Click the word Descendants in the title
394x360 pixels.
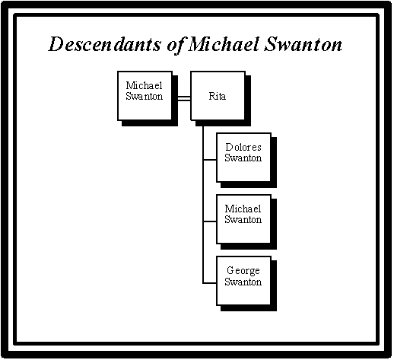104,44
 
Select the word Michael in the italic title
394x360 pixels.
224,43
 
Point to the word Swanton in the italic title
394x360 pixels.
303,44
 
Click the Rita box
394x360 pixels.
218,96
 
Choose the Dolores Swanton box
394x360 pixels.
244,158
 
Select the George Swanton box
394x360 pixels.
244,281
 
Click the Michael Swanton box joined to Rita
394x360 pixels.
145,96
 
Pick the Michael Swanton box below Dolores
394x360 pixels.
244,219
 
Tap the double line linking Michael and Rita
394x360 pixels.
184,98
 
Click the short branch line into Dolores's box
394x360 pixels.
210,160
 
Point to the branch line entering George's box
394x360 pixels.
210,283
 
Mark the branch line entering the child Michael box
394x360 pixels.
210,221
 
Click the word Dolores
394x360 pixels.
243,147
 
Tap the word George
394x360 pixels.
243,271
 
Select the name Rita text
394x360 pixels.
218,96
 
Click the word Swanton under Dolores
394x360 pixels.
243,158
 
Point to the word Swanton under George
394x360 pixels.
243,282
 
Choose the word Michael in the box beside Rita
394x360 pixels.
144,85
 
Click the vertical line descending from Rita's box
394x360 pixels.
203,205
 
